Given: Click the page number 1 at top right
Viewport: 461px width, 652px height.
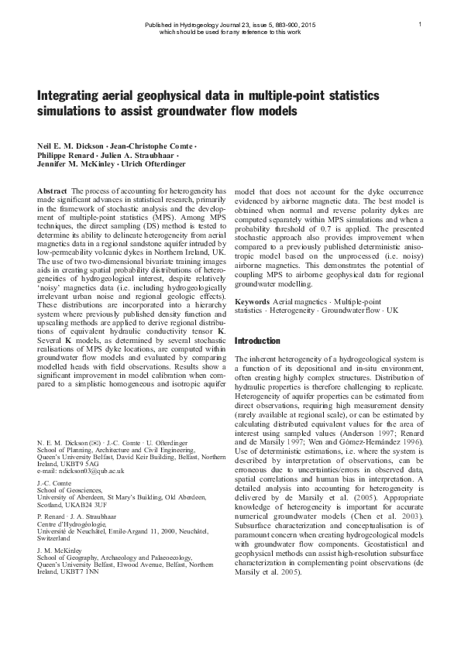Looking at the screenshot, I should pos(419,24).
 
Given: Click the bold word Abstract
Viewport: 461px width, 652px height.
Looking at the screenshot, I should pos(52,190).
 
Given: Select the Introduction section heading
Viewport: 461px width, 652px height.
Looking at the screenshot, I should pos(257,341).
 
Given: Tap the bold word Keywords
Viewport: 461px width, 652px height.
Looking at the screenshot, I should pos(252,300).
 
